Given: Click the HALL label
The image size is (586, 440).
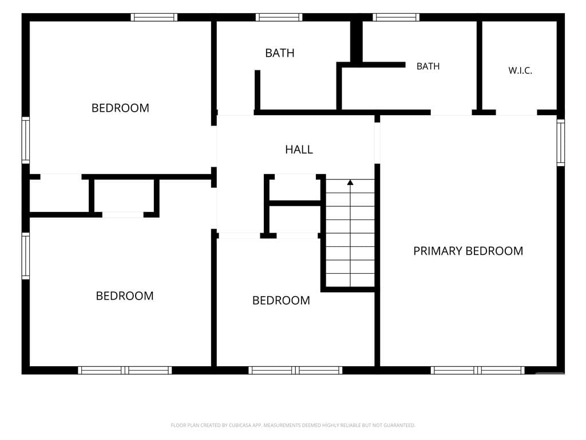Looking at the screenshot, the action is coord(299,150).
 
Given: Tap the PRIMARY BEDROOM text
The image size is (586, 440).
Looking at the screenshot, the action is coord(468,251).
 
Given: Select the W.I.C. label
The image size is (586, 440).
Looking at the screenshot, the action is coord(520,70).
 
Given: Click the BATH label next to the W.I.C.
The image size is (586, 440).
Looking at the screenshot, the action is coord(428,66).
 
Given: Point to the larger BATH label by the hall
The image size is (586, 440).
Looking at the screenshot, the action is coord(279,53).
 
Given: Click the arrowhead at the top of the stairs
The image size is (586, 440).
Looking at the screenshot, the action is coord(350,182).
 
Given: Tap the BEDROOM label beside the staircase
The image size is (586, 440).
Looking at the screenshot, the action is coord(281,300).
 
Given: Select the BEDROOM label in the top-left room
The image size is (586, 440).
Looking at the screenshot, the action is coord(120,108).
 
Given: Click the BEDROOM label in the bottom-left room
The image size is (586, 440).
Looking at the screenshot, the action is coord(125,296).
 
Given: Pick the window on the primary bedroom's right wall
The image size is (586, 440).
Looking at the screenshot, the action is coord(561,142).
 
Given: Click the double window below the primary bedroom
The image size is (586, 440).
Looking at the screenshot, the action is coord(477,371).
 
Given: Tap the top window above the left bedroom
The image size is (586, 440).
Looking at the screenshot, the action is coord(154,17).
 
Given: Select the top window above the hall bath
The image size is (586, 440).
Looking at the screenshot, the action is coord(279,17).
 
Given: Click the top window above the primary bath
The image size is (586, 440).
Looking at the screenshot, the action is coord(396,17).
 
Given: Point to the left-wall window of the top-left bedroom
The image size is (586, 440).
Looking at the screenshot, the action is coord(25,140).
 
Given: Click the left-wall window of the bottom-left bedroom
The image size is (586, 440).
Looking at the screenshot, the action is coord(25,256).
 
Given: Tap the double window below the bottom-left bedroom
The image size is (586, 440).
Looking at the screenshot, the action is coord(125,371).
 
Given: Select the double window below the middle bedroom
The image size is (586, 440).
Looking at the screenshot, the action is coord(295,371).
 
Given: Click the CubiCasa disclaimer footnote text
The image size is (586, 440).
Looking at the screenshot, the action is coord(293,425).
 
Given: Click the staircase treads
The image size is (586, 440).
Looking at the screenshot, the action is coord(350,233).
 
